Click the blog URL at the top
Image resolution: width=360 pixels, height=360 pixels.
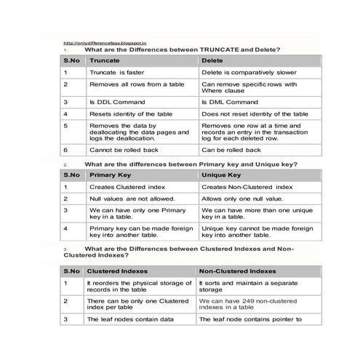click(x=105, y=42)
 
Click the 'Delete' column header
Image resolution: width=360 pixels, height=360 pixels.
click(x=212, y=60)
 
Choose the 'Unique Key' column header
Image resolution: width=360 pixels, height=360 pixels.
click(x=221, y=175)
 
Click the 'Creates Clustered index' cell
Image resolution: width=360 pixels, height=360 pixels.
click(x=123, y=187)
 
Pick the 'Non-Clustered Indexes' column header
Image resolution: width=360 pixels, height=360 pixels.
click(x=237, y=271)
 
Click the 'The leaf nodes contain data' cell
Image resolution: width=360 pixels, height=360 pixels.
click(x=129, y=319)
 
